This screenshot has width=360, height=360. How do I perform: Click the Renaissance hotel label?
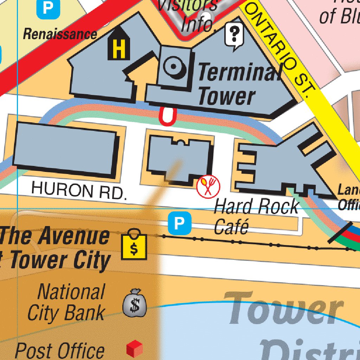[60, 34]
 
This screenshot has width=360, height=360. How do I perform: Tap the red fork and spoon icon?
[208, 186]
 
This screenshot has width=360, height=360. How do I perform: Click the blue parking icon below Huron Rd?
[179, 223]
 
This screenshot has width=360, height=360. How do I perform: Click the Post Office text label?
[60, 351]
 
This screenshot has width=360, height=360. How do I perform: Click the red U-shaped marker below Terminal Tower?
[167, 116]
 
